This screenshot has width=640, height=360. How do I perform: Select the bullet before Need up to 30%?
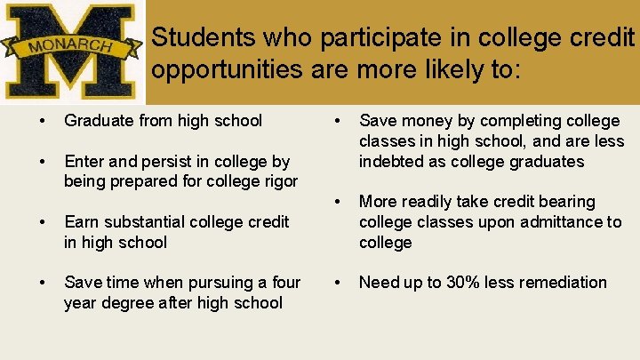click(x=336, y=283)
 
